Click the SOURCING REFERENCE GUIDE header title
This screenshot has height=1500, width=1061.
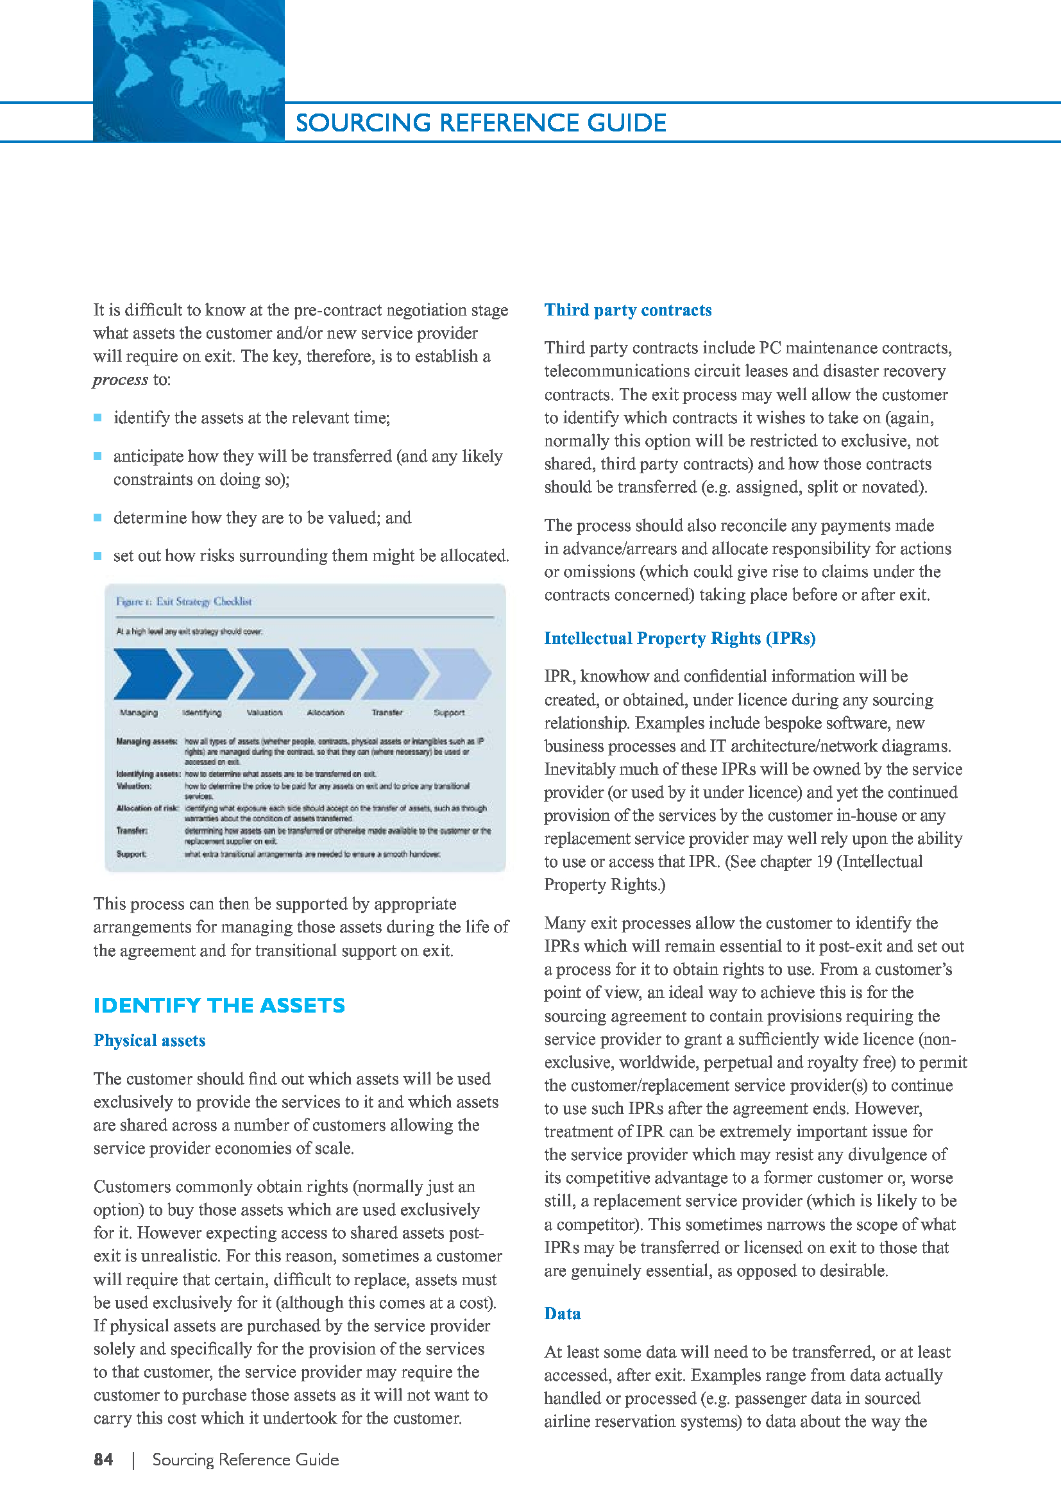coord(481,123)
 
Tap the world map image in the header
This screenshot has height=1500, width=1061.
coord(188,71)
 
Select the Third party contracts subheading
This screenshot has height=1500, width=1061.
coord(628,310)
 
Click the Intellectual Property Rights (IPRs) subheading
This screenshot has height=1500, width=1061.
coord(679,638)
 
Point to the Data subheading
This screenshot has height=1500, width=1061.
coord(563,1313)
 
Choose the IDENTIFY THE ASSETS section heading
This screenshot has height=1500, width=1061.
coord(219,1005)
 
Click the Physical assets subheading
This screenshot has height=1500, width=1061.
coord(149,1040)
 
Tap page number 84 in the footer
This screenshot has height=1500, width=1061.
coord(103,1460)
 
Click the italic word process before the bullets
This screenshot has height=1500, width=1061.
coord(120,380)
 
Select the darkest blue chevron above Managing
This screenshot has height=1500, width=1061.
coord(145,673)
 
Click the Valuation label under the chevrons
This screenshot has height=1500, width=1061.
coord(264,712)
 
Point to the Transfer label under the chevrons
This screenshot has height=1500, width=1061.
coord(387,712)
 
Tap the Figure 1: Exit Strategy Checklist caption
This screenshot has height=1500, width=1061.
coord(183,602)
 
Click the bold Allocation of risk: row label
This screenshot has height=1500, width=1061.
coord(147,808)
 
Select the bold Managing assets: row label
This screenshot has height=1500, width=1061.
coord(146,741)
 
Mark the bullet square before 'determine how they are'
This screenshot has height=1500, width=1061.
coord(98,518)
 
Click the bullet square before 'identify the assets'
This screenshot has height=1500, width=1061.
coord(98,417)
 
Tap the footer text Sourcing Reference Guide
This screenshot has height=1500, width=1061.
coord(246,1460)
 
